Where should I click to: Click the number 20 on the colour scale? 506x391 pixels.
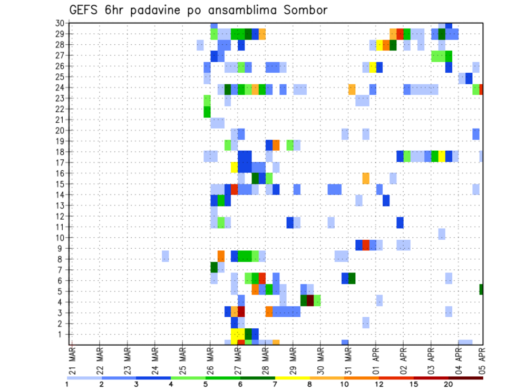pos(449,384)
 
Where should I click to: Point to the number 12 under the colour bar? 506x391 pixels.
pos(380,384)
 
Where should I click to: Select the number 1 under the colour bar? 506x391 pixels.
pos(67,384)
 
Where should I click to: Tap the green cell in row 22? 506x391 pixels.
pos(207,112)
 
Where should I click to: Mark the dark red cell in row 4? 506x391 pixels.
pos(310,300)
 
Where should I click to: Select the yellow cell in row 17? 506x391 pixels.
pos(235,167)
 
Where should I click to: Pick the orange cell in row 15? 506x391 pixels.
pos(366,178)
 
